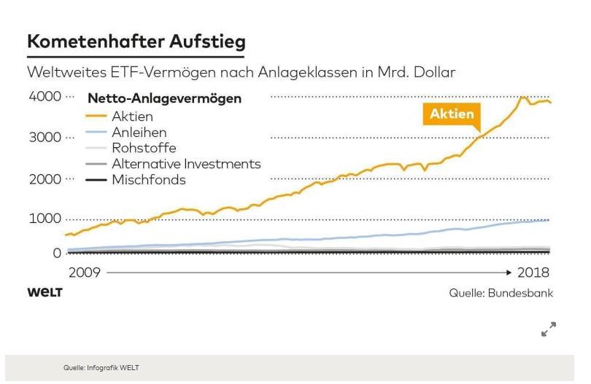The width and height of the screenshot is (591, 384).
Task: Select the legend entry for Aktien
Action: click(132, 117)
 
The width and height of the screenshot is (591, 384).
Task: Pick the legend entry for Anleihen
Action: click(139, 133)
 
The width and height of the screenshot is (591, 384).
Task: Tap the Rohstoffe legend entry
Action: click(144, 148)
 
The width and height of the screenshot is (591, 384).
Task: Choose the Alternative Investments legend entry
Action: click(186, 164)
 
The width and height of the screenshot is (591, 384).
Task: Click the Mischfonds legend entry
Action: click(149, 179)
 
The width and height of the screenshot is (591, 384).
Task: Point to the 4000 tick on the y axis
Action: click(45, 97)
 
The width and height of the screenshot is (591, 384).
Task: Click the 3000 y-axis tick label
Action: click(45, 138)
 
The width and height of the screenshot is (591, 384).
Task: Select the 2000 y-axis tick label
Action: click(45, 179)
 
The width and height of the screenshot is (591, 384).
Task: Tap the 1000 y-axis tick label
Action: click(45, 219)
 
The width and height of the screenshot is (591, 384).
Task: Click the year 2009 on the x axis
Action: click(83, 273)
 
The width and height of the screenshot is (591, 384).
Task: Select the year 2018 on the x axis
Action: click(534, 273)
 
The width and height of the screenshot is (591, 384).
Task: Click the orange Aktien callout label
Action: click(452, 114)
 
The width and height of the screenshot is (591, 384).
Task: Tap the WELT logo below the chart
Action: click(45, 292)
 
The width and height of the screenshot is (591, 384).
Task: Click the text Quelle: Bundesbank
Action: click(501, 293)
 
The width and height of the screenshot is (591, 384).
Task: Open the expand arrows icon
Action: click(549, 329)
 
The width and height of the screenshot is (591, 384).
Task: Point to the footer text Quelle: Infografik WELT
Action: click(101, 367)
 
